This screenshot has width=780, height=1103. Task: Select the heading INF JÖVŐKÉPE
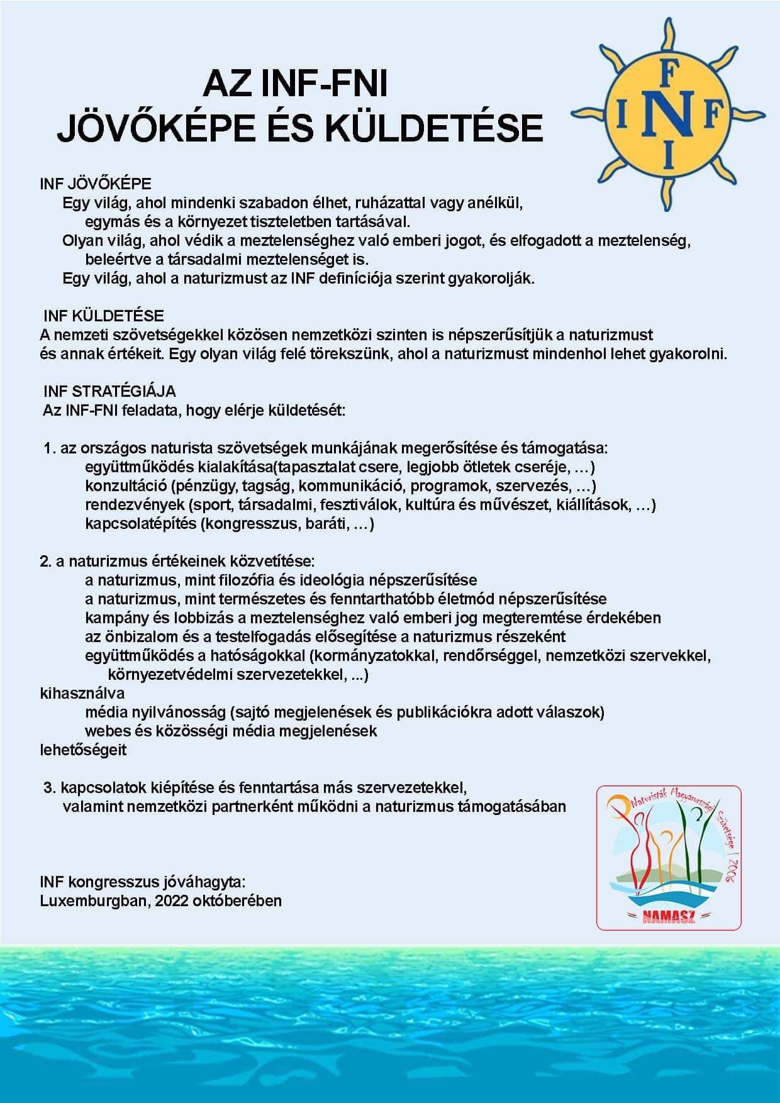point(96,184)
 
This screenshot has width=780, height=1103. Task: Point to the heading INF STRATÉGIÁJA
point(109,391)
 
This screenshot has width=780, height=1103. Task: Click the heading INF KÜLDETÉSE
point(104,316)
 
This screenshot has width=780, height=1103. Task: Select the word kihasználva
point(82,693)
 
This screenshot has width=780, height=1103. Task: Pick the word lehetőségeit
point(83,750)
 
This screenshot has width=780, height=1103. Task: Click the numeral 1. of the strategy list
point(50,448)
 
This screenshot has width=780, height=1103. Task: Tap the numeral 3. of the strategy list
point(50,787)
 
